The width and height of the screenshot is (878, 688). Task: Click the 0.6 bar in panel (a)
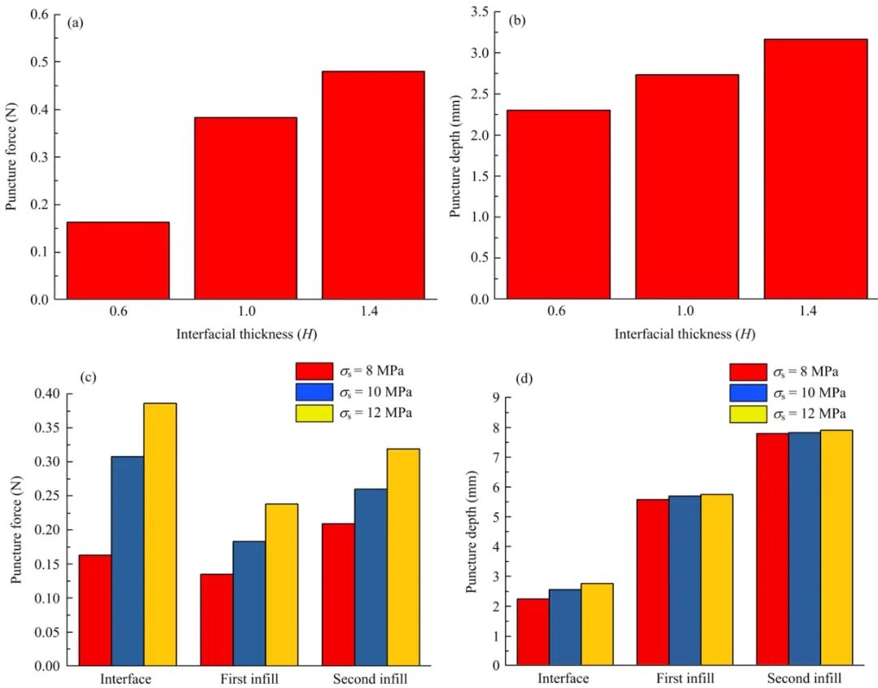pos(118,260)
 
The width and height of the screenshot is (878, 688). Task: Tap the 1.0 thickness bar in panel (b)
pos(687,187)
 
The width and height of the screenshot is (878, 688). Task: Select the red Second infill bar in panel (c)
pos(338,594)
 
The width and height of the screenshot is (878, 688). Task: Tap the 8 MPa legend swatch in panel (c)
pos(314,371)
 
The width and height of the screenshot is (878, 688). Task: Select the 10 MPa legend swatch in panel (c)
pos(314,392)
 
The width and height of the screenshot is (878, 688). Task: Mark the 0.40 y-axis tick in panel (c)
pos(48,394)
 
